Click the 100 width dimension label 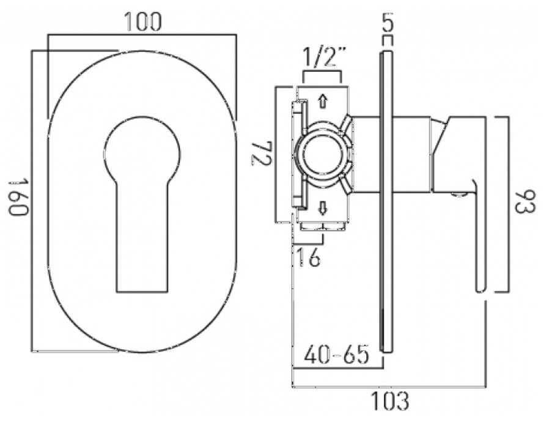pos(143,22)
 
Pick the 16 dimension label pos(308,257)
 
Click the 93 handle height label pos(525,202)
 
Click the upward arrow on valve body pos(323,102)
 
